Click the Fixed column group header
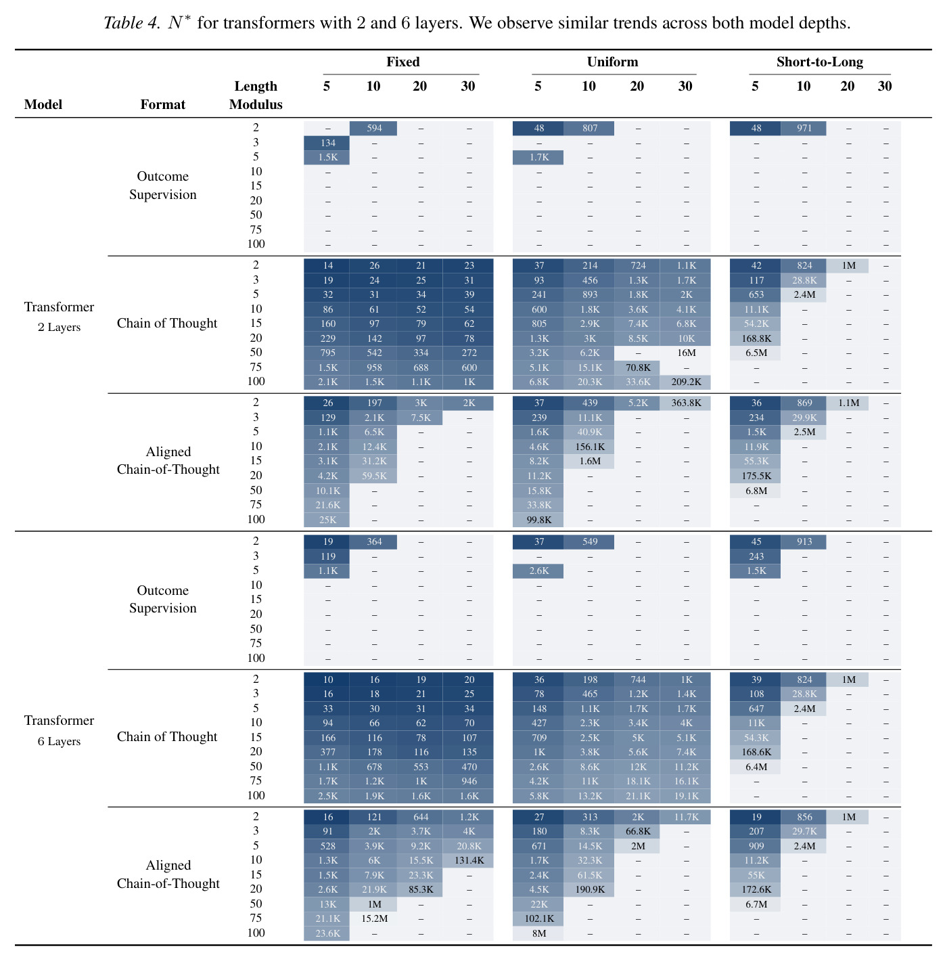click(x=402, y=62)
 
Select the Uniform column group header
click(x=612, y=62)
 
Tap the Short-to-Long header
click(x=819, y=62)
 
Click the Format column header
click(x=163, y=104)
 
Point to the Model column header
click(x=43, y=104)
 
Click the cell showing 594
click(x=373, y=129)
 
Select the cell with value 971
click(x=804, y=129)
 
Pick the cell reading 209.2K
click(x=686, y=382)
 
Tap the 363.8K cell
click(x=686, y=403)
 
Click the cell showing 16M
click(x=686, y=353)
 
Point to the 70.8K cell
click(x=637, y=367)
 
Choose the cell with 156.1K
click(x=590, y=447)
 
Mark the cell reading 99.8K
click(x=538, y=520)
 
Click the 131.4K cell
click(x=468, y=860)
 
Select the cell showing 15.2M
click(x=373, y=918)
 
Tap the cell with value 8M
click(x=538, y=933)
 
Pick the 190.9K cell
click(x=590, y=889)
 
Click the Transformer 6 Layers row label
click(x=60, y=730)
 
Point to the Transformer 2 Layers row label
click(x=60, y=317)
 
